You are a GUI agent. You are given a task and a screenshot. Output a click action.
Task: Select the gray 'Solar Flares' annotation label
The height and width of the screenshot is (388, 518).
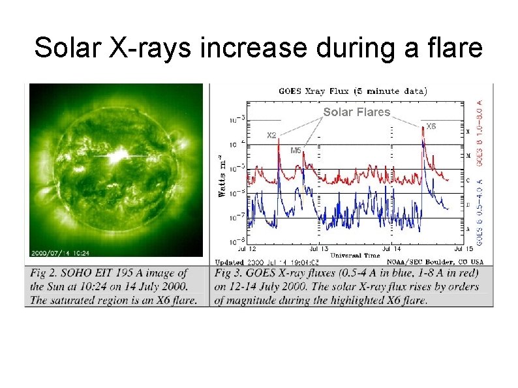(x=356, y=112)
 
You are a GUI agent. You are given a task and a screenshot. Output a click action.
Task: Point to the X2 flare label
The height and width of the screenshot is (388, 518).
(x=271, y=136)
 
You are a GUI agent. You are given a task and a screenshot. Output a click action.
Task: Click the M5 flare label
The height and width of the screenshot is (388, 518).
(x=296, y=150)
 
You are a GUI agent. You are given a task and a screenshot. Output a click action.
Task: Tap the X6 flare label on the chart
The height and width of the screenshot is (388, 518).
(x=431, y=126)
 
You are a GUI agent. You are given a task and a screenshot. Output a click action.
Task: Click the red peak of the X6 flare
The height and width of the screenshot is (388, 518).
(x=423, y=128)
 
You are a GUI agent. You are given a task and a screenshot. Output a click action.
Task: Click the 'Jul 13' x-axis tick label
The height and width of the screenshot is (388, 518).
(x=318, y=248)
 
